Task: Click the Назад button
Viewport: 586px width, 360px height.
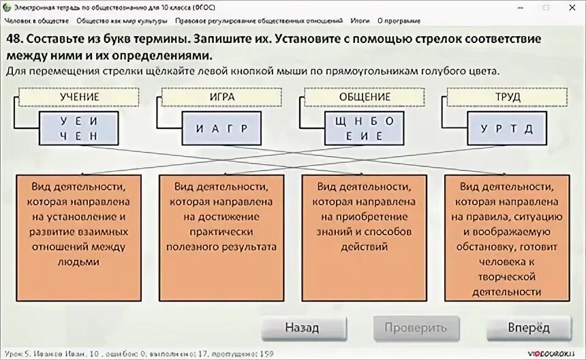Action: [302, 327]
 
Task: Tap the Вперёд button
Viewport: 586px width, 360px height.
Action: [528, 327]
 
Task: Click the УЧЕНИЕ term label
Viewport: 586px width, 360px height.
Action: [79, 97]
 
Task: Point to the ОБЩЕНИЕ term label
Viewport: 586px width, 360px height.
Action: [365, 97]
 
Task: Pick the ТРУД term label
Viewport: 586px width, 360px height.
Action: [508, 97]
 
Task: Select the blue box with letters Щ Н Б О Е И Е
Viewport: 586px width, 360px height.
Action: [365, 128]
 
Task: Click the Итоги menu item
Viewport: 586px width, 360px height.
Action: [360, 20]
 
